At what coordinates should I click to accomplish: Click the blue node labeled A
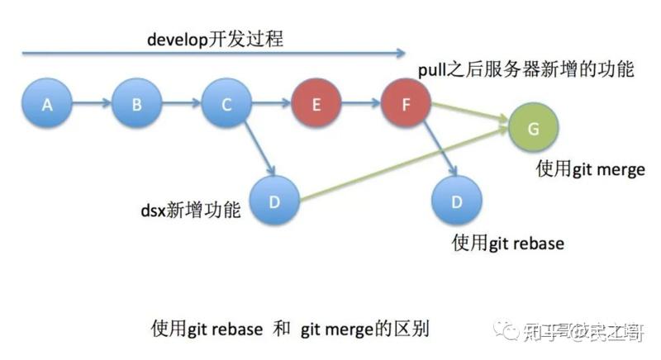[47, 104]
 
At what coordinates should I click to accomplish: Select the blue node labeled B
[137, 104]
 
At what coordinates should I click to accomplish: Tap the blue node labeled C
[226, 104]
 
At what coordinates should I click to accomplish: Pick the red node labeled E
[315, 104]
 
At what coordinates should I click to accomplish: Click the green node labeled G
[534, 129]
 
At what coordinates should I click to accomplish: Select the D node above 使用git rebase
[457, 200]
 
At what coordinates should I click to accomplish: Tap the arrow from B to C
[182, 104]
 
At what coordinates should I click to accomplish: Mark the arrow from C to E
[271, 104]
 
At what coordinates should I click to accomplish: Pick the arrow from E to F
[360, 104]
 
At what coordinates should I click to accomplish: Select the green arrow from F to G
[469, 116]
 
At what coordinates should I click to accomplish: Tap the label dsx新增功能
[191, 211]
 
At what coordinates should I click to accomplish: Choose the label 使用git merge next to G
[590, 169]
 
